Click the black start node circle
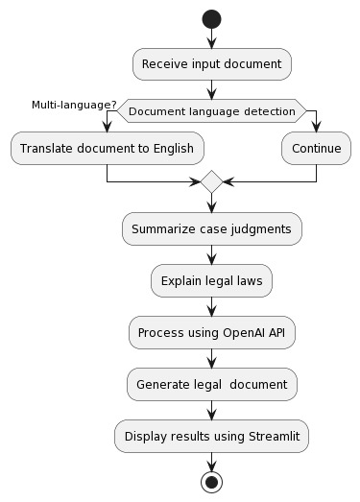211,20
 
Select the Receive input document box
211,64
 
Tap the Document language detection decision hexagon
211,111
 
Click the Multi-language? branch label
75,105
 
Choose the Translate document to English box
106,148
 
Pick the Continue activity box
316,148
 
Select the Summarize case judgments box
211,229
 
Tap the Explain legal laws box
211,281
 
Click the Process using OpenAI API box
211,333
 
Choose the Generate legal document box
211,385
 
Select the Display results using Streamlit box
211,437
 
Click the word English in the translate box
172,148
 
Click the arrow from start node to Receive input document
211,39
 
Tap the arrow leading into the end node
211,461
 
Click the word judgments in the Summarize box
259,229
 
